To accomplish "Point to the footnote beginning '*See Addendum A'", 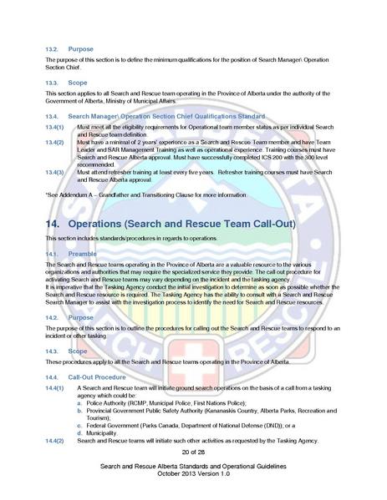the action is [134, 194].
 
